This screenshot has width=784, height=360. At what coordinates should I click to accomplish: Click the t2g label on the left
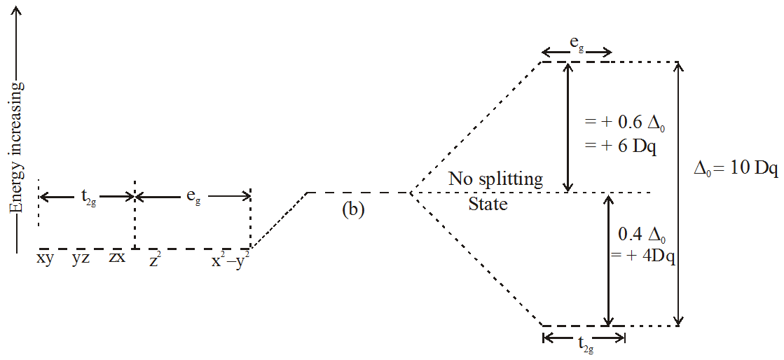(x=87, y=198)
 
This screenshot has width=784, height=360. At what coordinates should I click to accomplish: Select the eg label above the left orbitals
(x=193, y=198)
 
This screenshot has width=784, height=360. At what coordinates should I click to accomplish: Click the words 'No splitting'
(x=496, y=179)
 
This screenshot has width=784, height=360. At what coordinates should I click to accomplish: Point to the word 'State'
(x=488, y=205)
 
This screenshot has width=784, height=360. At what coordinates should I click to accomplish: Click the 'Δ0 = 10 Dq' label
(x=736, y=169)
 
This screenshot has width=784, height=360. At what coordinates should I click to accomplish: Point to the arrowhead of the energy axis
(x=17, y=8)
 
